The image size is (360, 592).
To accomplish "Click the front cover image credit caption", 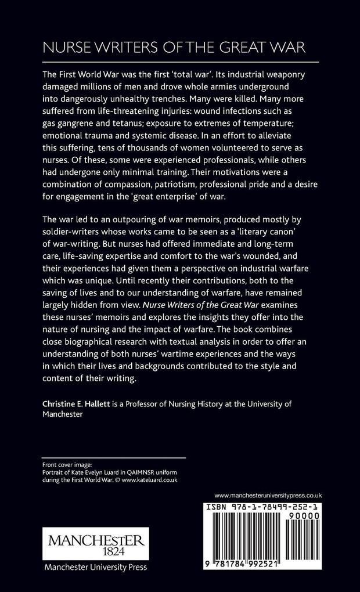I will coord(110,472).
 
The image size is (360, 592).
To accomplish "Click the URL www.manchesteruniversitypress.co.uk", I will coord(268,494).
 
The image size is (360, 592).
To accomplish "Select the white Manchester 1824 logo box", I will coord(93,543).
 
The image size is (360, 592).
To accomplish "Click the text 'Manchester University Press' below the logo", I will coord(93,568).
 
